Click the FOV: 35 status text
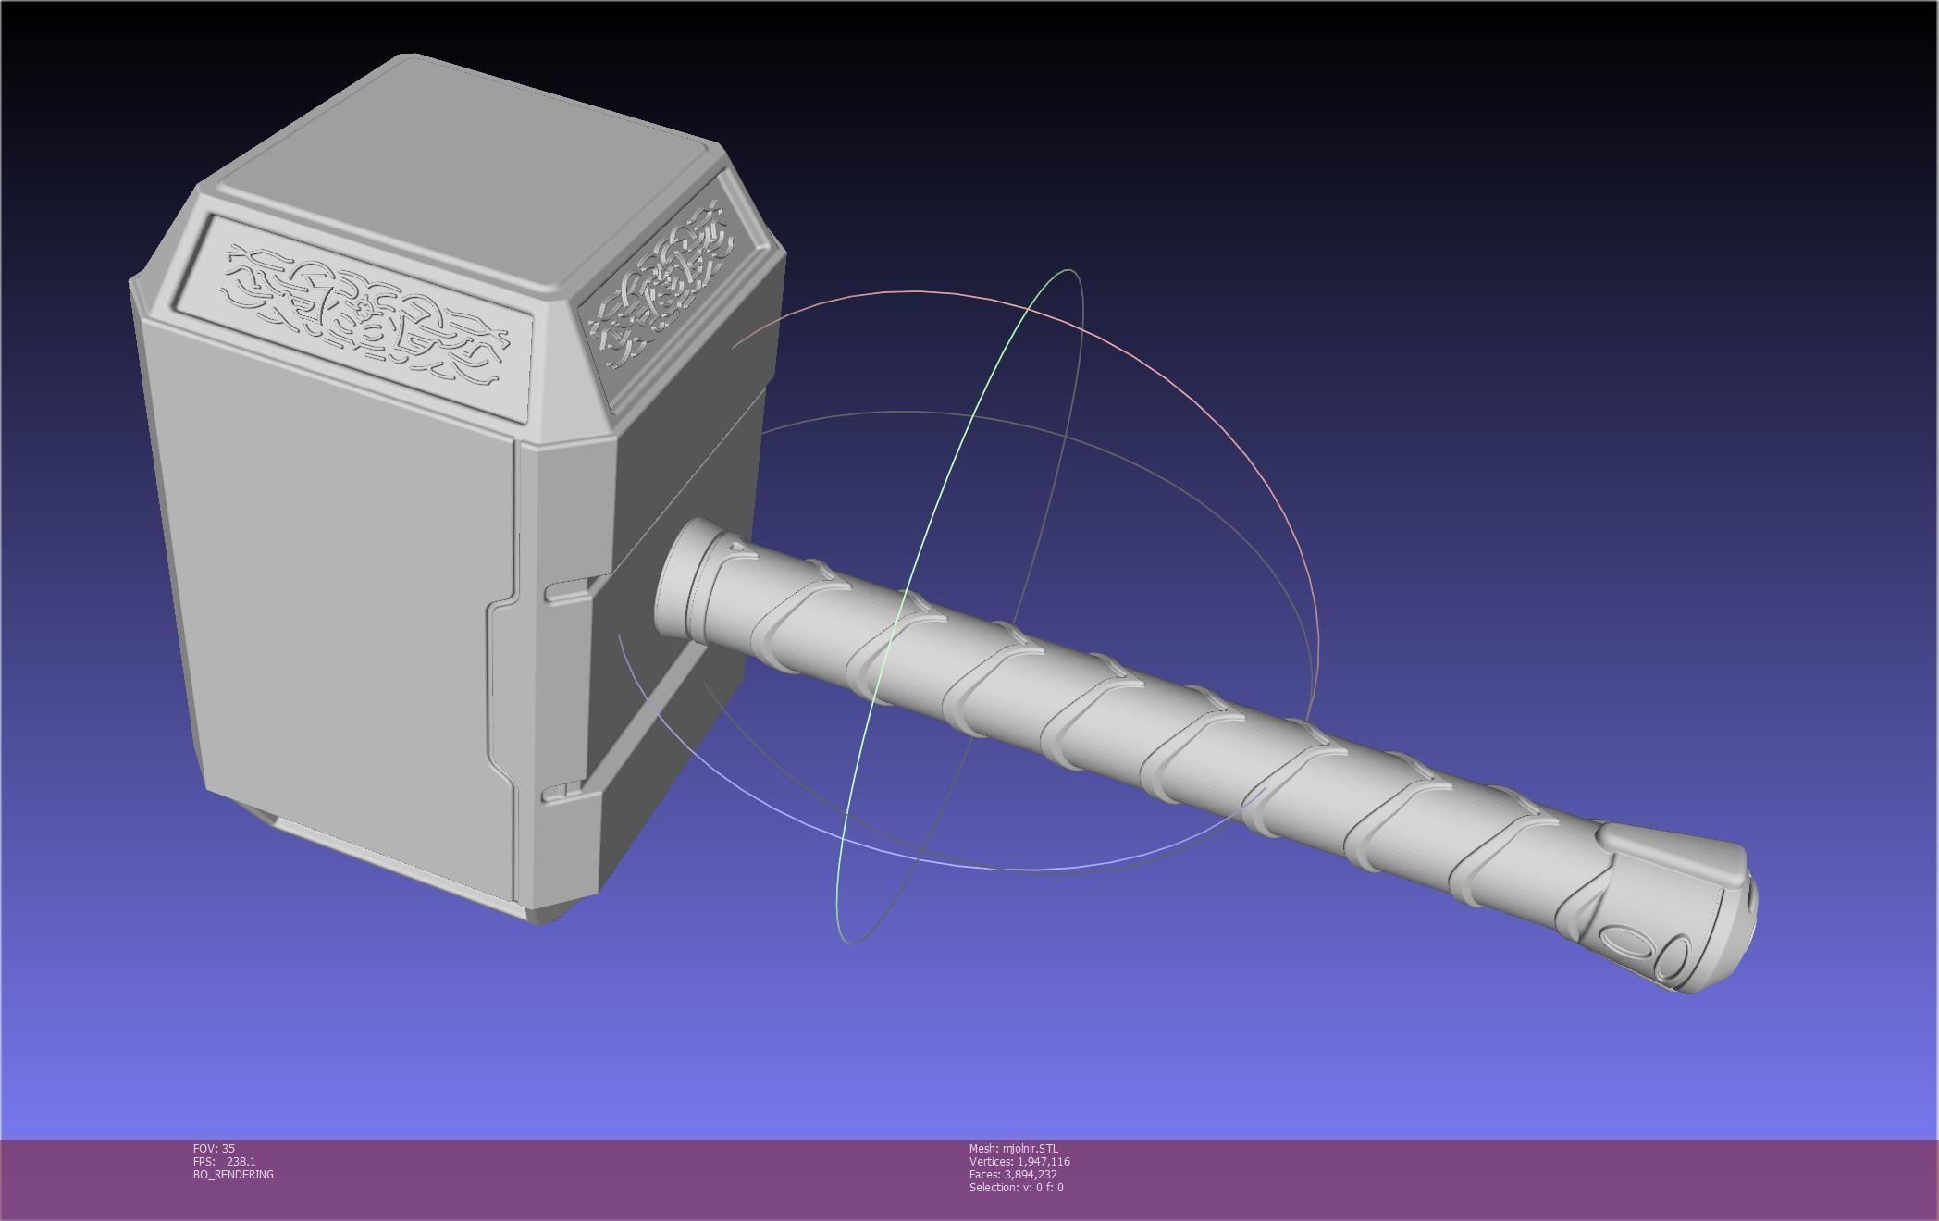click(214, 1148)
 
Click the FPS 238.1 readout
click(225, 1161)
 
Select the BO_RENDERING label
click(233, 1174)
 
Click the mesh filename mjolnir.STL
click(1013, 1148)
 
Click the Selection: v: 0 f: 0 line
click(1016, 1187)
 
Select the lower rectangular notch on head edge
click(562, 791)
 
